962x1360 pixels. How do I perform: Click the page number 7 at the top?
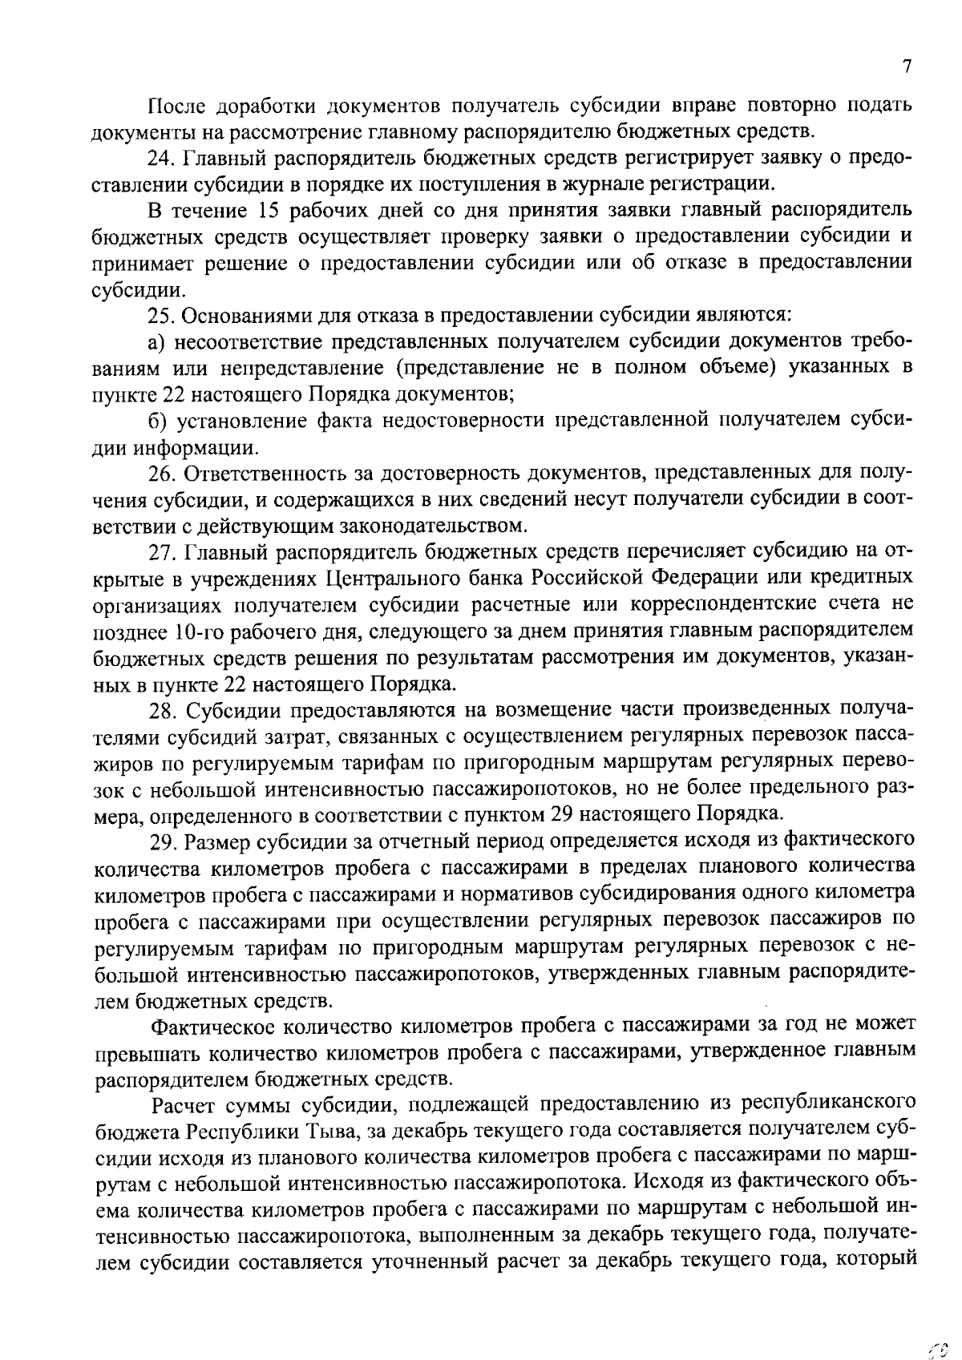tap(906, 67)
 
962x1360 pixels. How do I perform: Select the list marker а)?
tap(156, 342)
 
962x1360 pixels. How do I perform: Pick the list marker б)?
tap(156, 421)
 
